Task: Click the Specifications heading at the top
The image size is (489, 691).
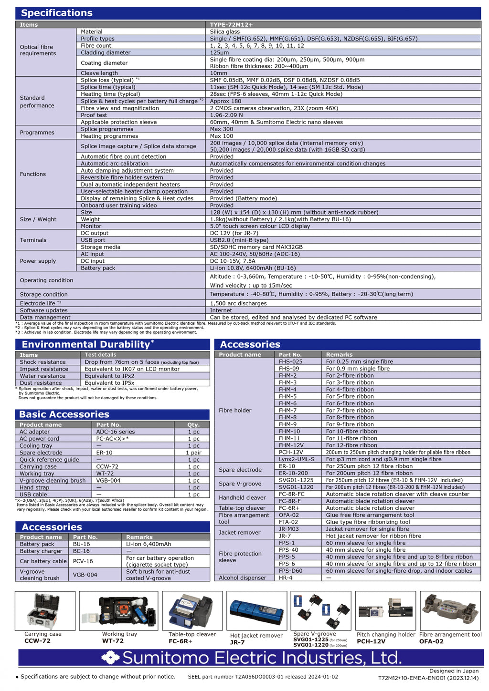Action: (x=57, y=13)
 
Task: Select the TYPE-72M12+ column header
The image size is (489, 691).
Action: (x=231, y=24)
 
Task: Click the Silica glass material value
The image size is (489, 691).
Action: (x=224, y=31)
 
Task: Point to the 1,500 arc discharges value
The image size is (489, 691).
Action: (x=238, y=303)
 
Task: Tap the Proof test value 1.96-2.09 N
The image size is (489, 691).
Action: (x=226, y=115)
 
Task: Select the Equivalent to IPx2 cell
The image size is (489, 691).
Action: (x=109, y=376)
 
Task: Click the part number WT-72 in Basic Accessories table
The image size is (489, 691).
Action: (x=105, y=474)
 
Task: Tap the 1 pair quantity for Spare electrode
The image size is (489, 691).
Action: (x=193, y=453)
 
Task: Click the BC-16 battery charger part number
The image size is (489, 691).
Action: (x=81, y=551)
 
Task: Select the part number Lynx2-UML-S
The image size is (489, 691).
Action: (x=297, y=459)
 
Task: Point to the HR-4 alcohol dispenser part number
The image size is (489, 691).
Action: (x=286, y=578)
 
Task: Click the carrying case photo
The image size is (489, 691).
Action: (x=44, y=611)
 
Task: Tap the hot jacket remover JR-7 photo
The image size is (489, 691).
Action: (x=256, y=611)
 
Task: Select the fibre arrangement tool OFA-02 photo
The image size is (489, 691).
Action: (x=450, y=611)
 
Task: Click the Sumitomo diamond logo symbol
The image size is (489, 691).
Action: (x=110, y=658)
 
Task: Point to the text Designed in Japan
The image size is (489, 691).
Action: (x=454, y=670)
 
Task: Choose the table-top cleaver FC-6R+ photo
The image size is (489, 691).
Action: (x=192, y=611)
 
